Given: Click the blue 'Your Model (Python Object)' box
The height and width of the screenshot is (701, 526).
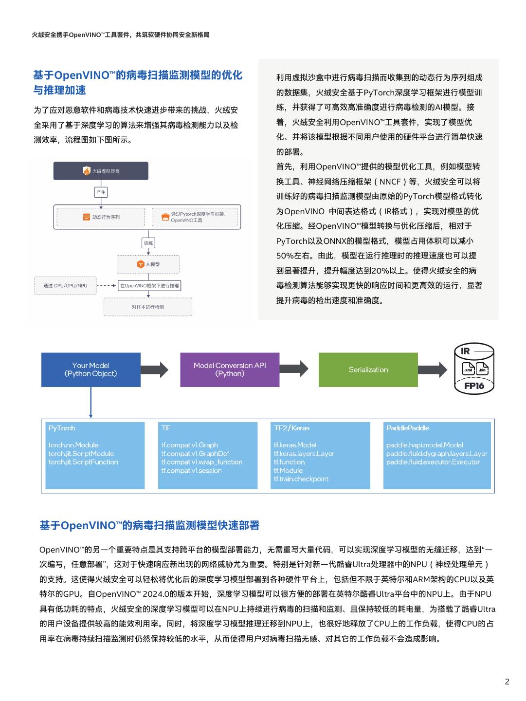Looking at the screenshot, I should pos(91,369).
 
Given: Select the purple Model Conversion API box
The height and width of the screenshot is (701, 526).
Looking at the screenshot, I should pos(230,369).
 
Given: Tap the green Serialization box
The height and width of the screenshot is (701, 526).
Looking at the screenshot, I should pos(368,369).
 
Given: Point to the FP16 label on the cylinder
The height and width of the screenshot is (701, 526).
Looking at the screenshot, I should pos(474,386).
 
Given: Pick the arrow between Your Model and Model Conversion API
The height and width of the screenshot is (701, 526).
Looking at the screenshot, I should pos(155,369).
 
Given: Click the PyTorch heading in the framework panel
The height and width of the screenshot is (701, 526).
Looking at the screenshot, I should pos(62,428).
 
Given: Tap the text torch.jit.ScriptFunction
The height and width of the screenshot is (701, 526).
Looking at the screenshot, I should pos(83,462).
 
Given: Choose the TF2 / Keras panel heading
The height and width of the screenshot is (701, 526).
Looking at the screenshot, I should pos(291,428).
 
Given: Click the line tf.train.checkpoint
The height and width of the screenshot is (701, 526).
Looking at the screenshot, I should pos(301,479).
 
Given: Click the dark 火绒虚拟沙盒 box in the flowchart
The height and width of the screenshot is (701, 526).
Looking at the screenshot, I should pos(101,171).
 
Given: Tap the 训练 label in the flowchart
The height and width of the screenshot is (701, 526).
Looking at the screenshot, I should pos(148,243).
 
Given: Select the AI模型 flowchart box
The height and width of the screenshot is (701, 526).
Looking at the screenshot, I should pos(148,264).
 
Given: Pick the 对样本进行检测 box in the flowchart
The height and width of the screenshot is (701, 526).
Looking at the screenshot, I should pos(148,307).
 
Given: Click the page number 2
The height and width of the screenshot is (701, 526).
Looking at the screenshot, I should pos(507,682).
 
